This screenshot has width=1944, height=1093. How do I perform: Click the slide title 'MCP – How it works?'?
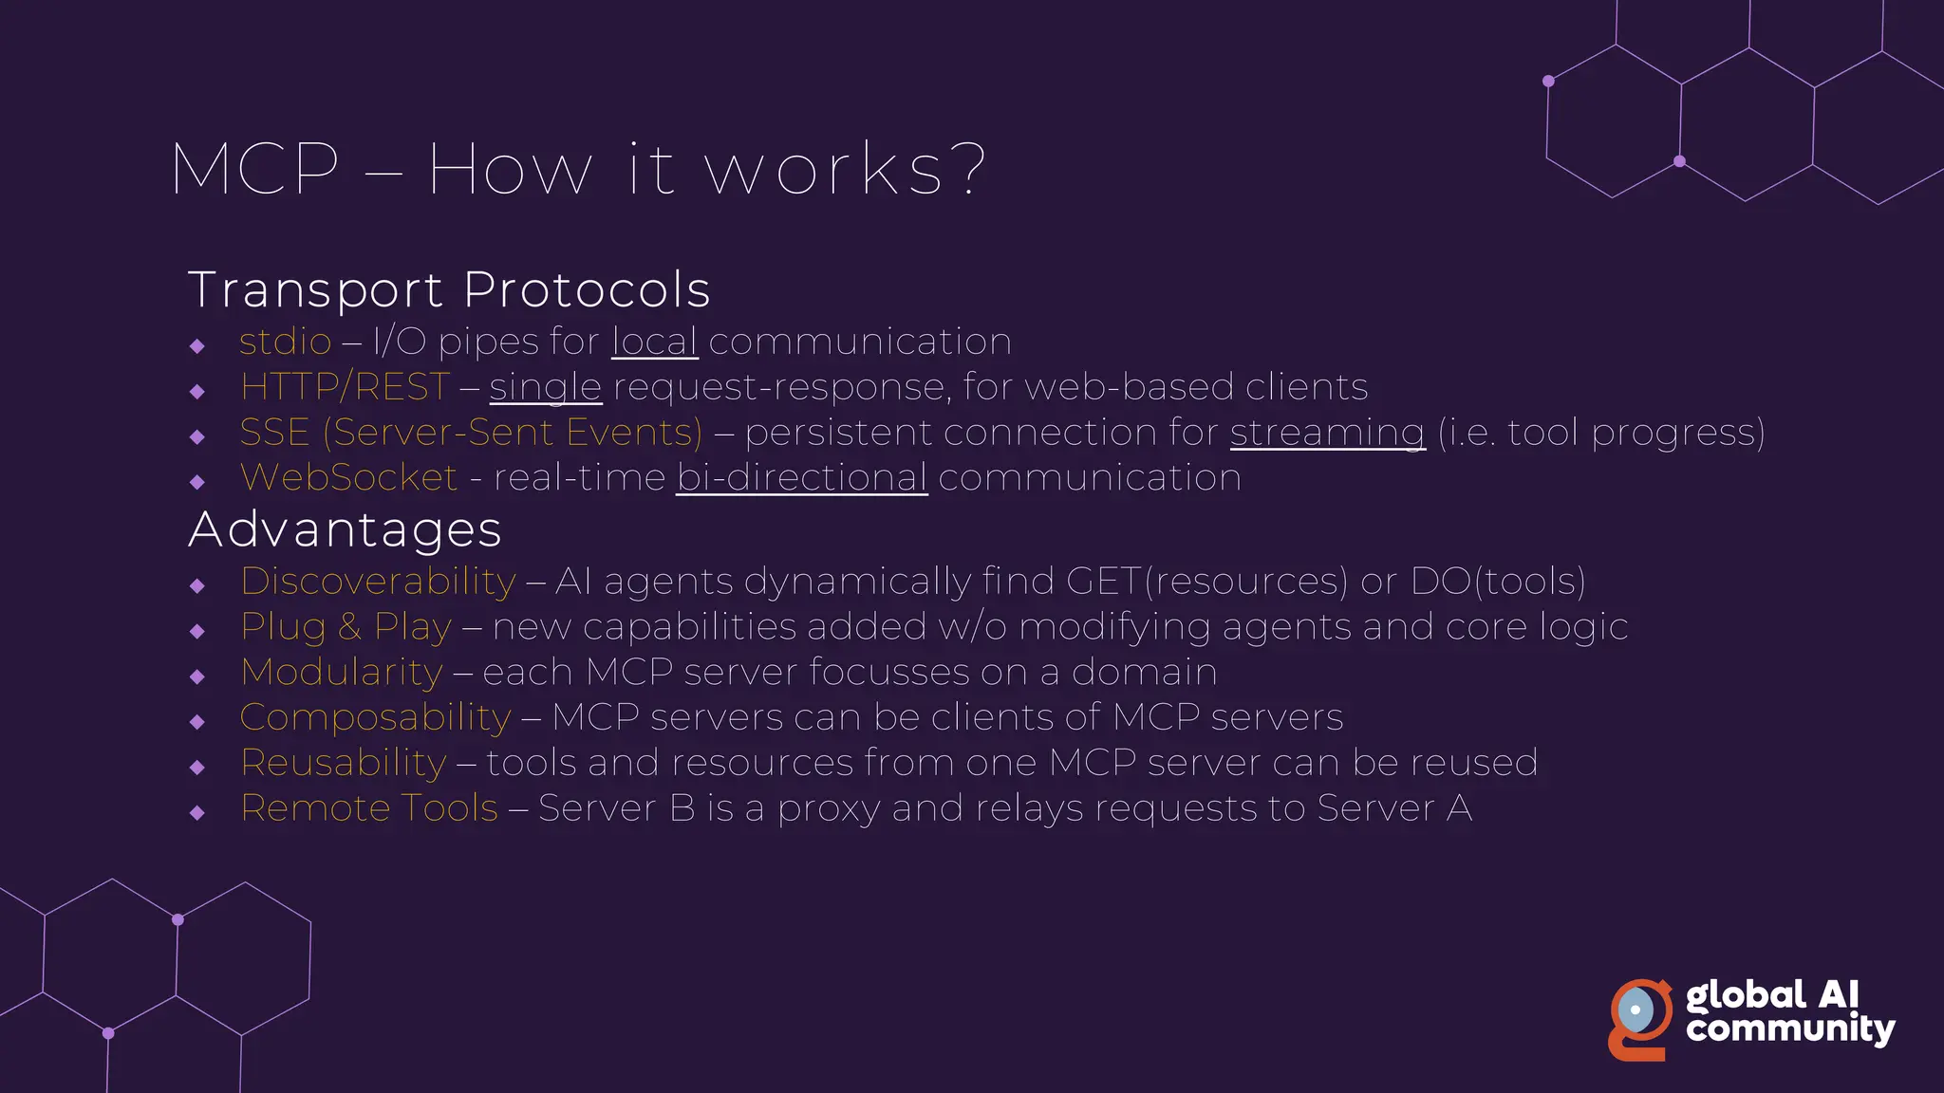coord(579,171)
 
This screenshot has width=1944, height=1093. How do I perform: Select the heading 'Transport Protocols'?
coord(449,289)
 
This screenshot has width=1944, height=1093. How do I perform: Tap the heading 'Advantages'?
coord(345,529)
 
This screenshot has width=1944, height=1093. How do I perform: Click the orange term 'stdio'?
coord(285,342)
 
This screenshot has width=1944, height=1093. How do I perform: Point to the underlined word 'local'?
coord(655,342)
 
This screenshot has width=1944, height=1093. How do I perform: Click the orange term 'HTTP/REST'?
coord(346,387)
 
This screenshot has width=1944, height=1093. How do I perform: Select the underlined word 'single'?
coord(546,387)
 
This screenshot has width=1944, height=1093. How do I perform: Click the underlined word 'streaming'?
coord(1327,433)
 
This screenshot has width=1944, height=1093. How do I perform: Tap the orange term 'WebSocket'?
coord(348,477)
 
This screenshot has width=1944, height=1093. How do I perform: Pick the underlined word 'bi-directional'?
coord(802,477)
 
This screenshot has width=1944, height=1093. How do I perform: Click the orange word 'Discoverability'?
coord(378,581)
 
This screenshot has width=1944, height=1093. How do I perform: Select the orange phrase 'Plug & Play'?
coord(346,626)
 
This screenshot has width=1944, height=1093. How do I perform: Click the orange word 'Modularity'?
coord(342,672)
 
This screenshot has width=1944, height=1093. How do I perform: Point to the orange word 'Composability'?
coord(375,717)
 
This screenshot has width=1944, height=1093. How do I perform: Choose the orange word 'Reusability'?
coord(343,763)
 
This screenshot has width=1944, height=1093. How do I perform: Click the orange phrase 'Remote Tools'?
coord(369,808)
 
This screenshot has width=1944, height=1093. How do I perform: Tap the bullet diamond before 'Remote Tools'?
coord(197,812)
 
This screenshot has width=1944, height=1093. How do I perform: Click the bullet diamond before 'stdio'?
coord(197,346)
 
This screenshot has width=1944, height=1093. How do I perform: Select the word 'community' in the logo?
coord(1790,1029)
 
